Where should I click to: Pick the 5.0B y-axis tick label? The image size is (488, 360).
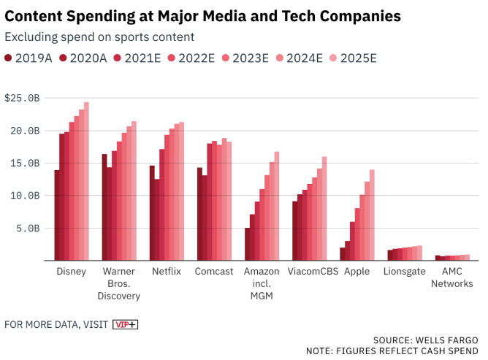[x=28, y=228]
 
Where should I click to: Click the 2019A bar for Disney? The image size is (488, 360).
[x=56, y=215]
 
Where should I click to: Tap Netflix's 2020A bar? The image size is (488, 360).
[x=157, y=219]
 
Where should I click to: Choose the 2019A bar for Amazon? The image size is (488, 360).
[x=247, y=244]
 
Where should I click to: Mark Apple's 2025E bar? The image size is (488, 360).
[x=372, y=215]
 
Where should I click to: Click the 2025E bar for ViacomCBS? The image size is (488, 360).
[x=324, y=208]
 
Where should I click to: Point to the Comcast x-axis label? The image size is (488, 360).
[x=214, y=272]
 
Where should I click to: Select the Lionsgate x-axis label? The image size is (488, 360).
[x=404, y=272]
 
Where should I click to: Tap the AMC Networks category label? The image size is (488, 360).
[x=452, y=277]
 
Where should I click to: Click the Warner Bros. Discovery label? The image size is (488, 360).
[x=119, y=283]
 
